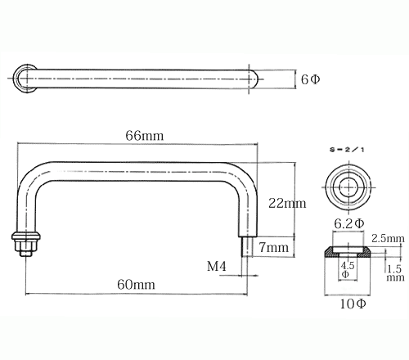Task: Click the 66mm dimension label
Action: click(x=145, y=136)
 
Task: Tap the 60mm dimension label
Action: click(x=136, y=285)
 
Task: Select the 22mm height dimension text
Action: click(x=287, y=204)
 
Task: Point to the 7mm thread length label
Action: click(x=273, y=247)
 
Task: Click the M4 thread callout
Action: click(x=217, y=266)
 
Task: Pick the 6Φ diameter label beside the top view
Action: click(x=310, y=79)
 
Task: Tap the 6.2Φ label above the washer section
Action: click(x=349, y=224)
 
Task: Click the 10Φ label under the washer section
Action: click(x=353, y=304)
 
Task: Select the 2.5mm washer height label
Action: click(x=388, y=239)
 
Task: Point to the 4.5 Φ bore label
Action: click(x=347, y=269)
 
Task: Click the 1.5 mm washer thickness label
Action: click(x=395, y=273)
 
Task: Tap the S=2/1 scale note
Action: click(x=347, y=150)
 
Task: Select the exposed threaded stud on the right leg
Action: click(x=247, y=246)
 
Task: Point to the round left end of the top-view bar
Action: click(x=25, y=79)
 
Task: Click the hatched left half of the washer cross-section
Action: click(x=331, y=252)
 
